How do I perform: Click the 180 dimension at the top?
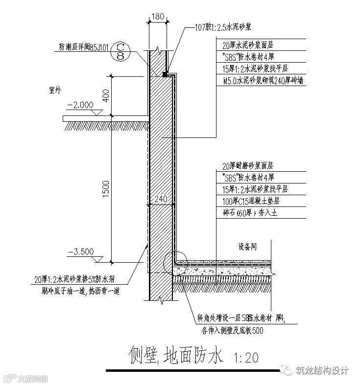pos(158,16)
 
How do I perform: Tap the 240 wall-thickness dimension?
pos(161,199)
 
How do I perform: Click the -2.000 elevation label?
pos(80,105)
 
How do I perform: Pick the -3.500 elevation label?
pos(80,252)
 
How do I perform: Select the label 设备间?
pos(248,247)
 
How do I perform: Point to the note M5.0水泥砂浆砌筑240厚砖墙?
pos(263,80)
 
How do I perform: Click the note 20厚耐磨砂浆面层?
pos(247,166)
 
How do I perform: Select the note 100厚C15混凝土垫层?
pos(250,201)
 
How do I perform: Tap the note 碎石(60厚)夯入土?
pos(246,213)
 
